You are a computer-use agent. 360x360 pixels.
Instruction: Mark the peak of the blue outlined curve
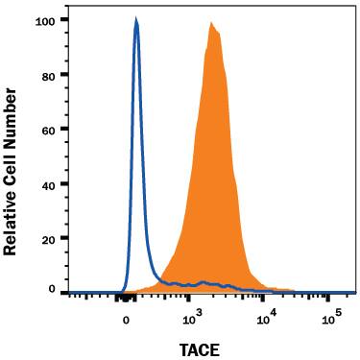(135, 20)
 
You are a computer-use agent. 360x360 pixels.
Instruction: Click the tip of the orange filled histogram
(210, 21)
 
